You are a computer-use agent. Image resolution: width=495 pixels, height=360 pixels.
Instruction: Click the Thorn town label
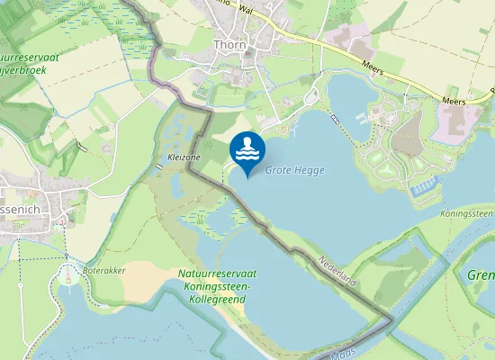point(229,44)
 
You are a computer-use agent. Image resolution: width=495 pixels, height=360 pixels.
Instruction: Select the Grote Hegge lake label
point(294,170)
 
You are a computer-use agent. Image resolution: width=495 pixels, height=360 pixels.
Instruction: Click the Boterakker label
point(103,267)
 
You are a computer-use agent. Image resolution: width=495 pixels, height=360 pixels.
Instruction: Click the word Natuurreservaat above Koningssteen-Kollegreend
point(220,273)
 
